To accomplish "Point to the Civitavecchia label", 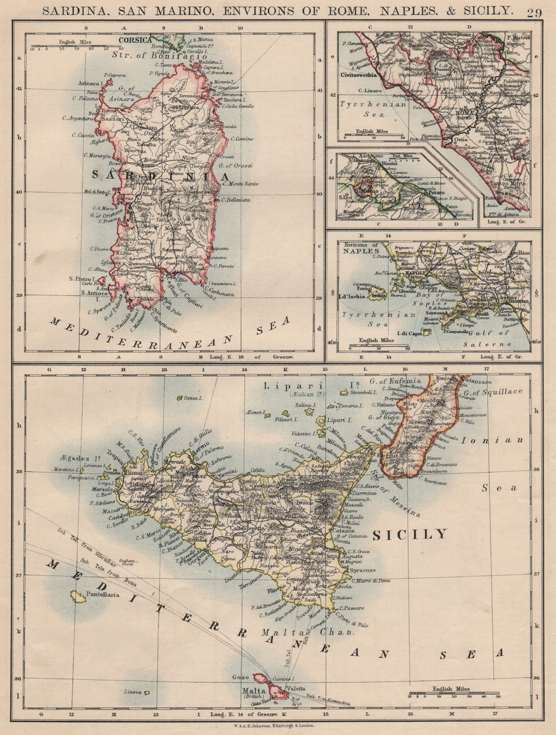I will point(362,74).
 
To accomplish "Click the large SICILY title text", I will point(409,534).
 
